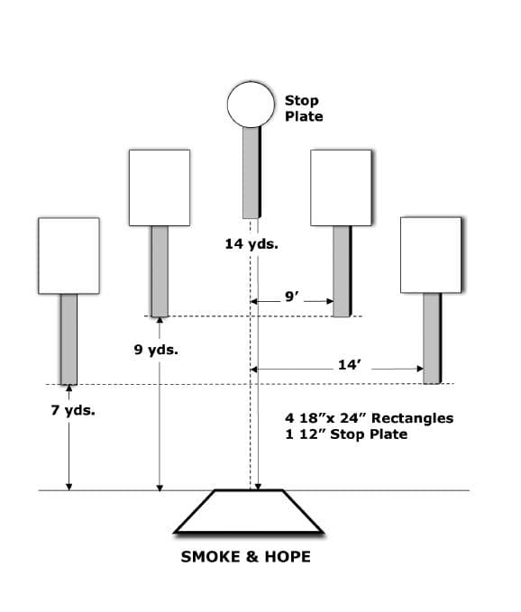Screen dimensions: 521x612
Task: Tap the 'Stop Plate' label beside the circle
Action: click(x=304, y=108)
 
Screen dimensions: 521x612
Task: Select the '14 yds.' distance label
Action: click(x=251, y=244)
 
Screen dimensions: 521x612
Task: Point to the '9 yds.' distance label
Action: click(x=156, y=350)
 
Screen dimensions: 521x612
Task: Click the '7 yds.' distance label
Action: click(x=73, y=411)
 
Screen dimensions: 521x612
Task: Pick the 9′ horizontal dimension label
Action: click(x=291, y=297)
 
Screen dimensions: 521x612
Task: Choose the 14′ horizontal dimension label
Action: click(x=349, y=365)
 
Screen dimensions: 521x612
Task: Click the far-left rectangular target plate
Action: click(x=69, y=256)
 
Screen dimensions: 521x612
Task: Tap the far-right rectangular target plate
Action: click(x=431, y=255)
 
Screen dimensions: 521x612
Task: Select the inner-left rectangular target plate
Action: click(x=160, y=187)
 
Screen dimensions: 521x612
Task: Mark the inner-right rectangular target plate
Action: click(x=341, y=187)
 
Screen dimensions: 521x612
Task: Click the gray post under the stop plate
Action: click(x=251, y=172)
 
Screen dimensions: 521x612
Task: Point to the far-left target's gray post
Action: click(x=69, y=339)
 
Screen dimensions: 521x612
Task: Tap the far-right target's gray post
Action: click(x=432, y=338)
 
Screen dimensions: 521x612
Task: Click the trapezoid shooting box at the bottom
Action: click(x=249, y=511)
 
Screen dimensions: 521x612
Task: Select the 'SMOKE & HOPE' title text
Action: click(x=246, y=557)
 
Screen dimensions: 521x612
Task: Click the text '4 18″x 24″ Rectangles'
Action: click(x=370, y=418)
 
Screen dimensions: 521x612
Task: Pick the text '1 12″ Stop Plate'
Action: click(x=346, y=434)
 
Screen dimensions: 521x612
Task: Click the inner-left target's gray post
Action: click(x=160, y=271)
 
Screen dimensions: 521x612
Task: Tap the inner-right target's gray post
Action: click(x=343, y=271)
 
